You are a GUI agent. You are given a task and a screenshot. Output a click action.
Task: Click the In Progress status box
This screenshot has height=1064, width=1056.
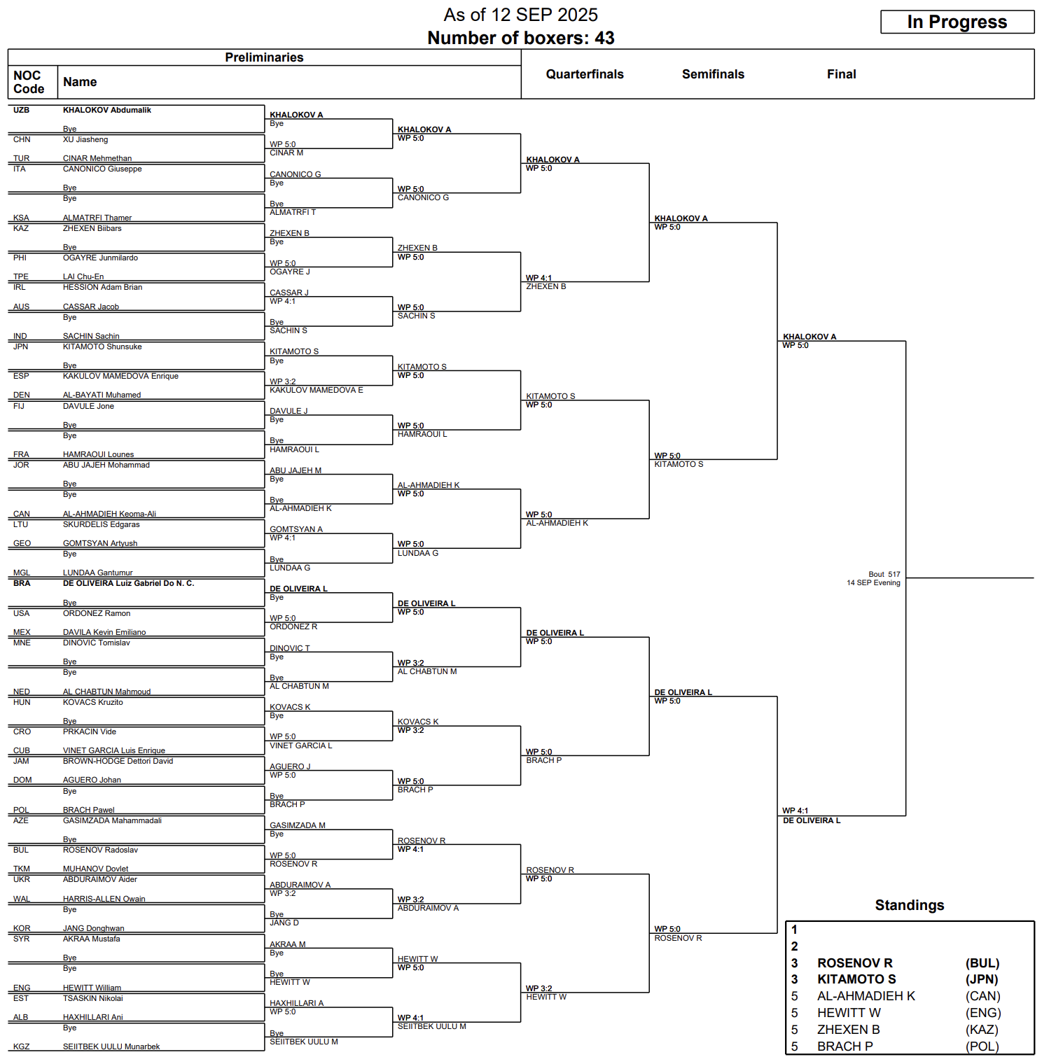coord(957,22)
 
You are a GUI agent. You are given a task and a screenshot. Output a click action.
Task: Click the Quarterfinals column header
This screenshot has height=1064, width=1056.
coord(585,74)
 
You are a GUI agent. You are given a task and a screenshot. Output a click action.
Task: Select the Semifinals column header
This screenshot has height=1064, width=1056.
coord(713,74)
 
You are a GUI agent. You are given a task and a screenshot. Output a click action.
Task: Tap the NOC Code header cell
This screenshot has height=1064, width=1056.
coord(29,82)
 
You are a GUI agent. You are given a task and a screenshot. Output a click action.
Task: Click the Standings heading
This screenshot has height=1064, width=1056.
coord(909,905)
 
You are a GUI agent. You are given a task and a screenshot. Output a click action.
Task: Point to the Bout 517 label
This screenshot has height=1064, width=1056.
coord(884,574)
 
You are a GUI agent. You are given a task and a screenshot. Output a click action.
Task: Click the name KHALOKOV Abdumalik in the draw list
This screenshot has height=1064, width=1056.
coord(106,110)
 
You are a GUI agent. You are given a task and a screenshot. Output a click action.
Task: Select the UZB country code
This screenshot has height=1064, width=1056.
coord(21,110)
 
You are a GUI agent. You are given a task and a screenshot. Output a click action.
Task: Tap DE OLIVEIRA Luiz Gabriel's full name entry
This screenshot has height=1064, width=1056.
coord(128,583)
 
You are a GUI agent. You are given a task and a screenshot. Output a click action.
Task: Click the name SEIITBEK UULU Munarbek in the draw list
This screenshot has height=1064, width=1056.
coord(111,1046)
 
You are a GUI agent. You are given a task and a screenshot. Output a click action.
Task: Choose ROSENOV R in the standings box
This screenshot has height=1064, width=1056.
coord(854,963)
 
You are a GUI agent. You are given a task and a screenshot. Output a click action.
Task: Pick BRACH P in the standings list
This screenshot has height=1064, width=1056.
coord(845,1046)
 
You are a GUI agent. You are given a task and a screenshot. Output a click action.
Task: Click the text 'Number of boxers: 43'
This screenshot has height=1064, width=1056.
coord(520,38)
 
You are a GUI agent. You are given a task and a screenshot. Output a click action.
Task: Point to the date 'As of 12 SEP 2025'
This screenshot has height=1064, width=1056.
coord(520,15)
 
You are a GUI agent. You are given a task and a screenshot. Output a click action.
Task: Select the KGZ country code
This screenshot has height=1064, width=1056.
coord(21,1046)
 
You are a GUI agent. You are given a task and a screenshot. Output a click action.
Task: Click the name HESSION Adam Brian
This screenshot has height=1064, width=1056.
coord(102,287)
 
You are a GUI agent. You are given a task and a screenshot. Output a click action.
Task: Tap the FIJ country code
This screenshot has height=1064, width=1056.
coord(19,406)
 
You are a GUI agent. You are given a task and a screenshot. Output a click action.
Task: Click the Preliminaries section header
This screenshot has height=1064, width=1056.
coord(264,57)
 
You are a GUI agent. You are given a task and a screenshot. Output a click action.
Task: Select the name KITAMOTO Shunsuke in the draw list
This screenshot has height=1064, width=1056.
coord(102,346)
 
